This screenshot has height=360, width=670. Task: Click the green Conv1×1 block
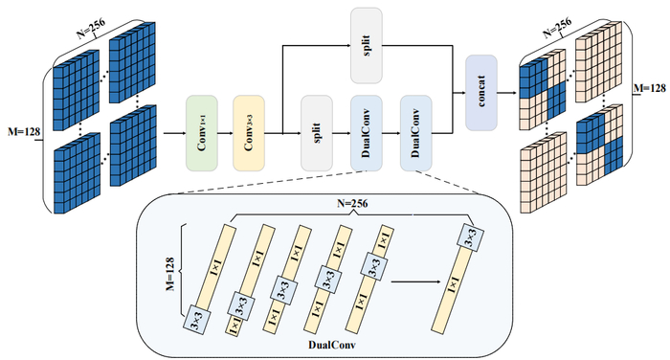pos(202,133)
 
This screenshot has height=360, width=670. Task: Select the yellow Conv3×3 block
pos(249,133)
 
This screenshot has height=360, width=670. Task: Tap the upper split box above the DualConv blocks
pos(367,45)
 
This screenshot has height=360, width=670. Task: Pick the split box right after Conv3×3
pos(317,133)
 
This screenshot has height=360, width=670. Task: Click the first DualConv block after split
pos(367,133)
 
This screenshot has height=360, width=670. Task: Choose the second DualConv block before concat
pos(416,133)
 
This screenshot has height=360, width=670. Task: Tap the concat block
pos(481,92)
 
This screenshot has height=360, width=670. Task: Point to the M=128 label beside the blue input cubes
pos(24,132)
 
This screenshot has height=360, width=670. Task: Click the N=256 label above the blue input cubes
pos(91,28)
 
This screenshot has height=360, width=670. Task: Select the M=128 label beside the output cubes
pos(650,88)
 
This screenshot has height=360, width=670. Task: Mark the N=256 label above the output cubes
pos(557,28)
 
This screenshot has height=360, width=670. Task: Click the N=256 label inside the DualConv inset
pos(352,203)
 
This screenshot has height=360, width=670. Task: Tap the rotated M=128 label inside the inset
pos(170,274)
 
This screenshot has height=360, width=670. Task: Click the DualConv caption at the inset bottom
pos(331,345)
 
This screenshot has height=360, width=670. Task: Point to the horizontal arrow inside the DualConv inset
pos(415,281)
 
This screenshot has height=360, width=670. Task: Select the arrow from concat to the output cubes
pos(508,92)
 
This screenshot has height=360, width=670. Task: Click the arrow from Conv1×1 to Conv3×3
pos(225,133)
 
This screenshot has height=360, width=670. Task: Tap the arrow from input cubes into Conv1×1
pos(174,133)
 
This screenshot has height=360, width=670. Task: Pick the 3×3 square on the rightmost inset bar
pos(470,236)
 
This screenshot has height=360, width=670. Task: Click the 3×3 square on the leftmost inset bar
pos(197,320)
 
